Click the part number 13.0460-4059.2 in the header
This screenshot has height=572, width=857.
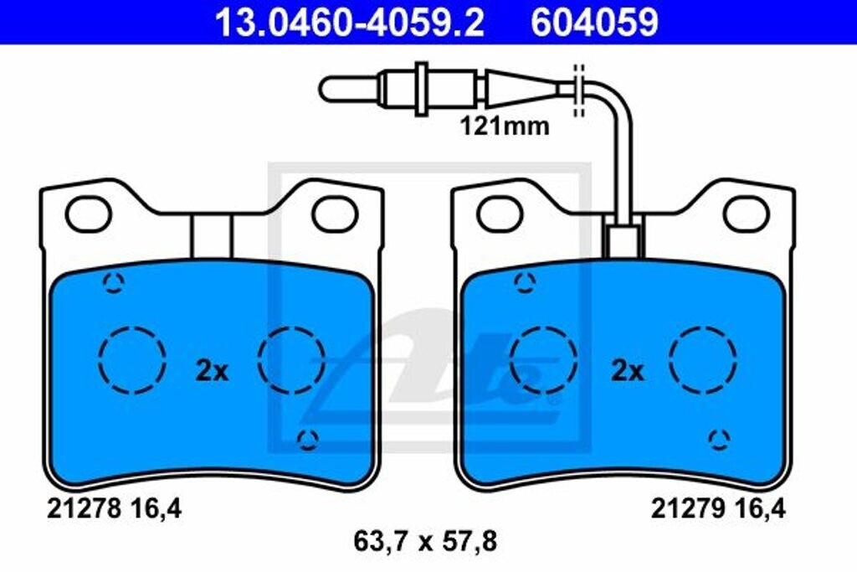pos(349,23)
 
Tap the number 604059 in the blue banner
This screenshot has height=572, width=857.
pos(595,23)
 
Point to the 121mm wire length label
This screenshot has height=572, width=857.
pos(505,126)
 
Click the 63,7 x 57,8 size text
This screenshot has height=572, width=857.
pos(425,542)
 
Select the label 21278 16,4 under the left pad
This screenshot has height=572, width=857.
pos(114,509)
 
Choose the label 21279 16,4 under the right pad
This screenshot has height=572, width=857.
pos(717,509)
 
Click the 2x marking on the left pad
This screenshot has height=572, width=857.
pos(212,371)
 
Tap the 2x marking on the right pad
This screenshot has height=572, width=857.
pos(628,371)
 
